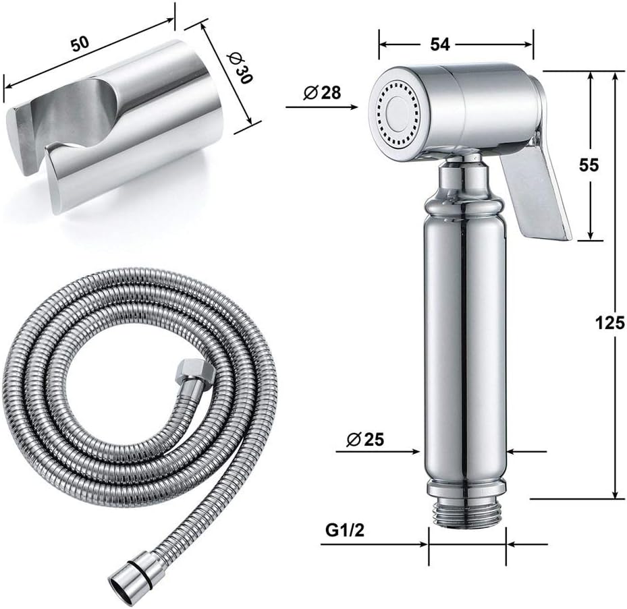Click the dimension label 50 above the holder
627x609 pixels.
(81, 44)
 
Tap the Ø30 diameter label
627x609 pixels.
(239, 69)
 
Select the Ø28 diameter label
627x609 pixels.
(322, 92)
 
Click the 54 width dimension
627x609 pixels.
(440, 44)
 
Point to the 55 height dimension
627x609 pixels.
(589, 165)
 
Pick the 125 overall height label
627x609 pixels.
(610, 322)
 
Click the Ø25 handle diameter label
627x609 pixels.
(364, 440)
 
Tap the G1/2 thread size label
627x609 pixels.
(345, 530)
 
